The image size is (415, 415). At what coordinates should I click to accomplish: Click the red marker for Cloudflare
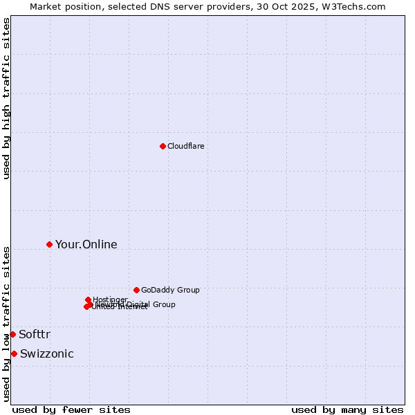point(163,146)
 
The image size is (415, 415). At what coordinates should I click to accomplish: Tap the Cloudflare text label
point(185,146)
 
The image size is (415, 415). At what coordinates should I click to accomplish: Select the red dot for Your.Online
point(49,244)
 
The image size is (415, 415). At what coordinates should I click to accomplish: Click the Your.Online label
point(86,244)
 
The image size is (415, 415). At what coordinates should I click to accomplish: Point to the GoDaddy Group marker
point(136,290)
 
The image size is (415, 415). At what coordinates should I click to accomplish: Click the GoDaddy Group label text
point(170,290)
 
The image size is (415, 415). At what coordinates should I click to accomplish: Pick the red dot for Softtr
point(12,334)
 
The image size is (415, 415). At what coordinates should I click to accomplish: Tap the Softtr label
point(35,335)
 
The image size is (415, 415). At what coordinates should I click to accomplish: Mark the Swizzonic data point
point(14,353)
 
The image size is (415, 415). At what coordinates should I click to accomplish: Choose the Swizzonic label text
point(46,354)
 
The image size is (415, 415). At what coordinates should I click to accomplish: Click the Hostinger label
point(110,299)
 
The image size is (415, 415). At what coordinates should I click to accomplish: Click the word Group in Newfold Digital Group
point(163,304)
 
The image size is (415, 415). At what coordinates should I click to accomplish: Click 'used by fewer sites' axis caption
point(71,409)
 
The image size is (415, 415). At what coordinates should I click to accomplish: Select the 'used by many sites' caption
point(347,409)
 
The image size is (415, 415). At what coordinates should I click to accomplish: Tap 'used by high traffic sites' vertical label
point(6,98)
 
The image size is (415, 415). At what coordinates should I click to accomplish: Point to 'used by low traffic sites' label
point(6,324)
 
